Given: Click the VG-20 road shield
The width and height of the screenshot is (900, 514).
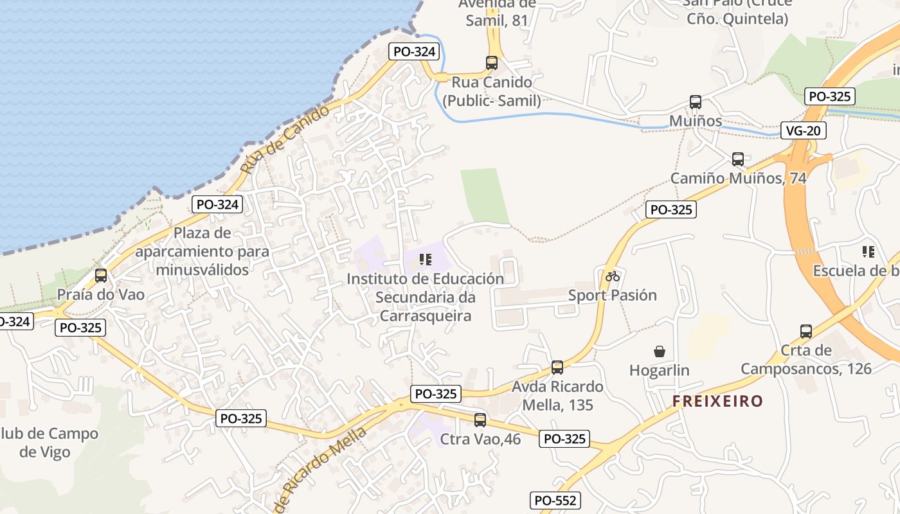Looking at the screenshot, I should (x=803, y=131).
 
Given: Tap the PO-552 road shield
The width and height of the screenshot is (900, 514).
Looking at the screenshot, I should (x=555, y=501).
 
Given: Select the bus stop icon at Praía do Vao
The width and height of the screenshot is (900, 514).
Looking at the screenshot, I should (x=101, y=276).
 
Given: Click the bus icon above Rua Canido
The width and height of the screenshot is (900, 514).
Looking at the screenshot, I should (x=492, y=63).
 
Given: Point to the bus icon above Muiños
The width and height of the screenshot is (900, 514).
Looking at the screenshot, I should (x=696, y=102).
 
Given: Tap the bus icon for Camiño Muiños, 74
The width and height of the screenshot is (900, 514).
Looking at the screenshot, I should (x=738, y=159).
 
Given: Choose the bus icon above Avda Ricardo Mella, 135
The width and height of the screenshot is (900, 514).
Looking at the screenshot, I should (x=557, y=368).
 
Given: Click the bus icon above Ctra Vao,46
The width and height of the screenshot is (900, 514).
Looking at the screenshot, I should (x=480, y=420).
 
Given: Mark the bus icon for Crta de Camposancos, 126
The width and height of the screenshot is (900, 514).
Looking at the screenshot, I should (x=806, y=332).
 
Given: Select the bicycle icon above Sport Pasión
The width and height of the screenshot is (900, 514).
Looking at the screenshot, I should (x=613, y=276).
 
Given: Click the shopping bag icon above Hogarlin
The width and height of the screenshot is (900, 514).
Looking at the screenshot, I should (x=660, y=351).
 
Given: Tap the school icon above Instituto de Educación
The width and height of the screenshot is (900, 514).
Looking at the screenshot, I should (x=425, y=260).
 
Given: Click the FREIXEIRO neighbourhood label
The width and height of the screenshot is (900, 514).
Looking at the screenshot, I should (x=717, y=402).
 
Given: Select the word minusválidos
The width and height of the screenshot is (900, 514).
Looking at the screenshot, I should (x=203, y=270).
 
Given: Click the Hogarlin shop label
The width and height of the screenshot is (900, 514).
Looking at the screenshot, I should (x=660, y=371).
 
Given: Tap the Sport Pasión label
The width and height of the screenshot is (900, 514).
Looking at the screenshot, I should (x=613, y=296).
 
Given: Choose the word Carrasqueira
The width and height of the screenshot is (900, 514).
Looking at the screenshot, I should (x=426, y=316).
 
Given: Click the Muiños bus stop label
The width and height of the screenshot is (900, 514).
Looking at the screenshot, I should (x=696, y=121).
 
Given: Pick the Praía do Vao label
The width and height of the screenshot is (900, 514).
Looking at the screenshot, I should (x=101, y=295).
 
